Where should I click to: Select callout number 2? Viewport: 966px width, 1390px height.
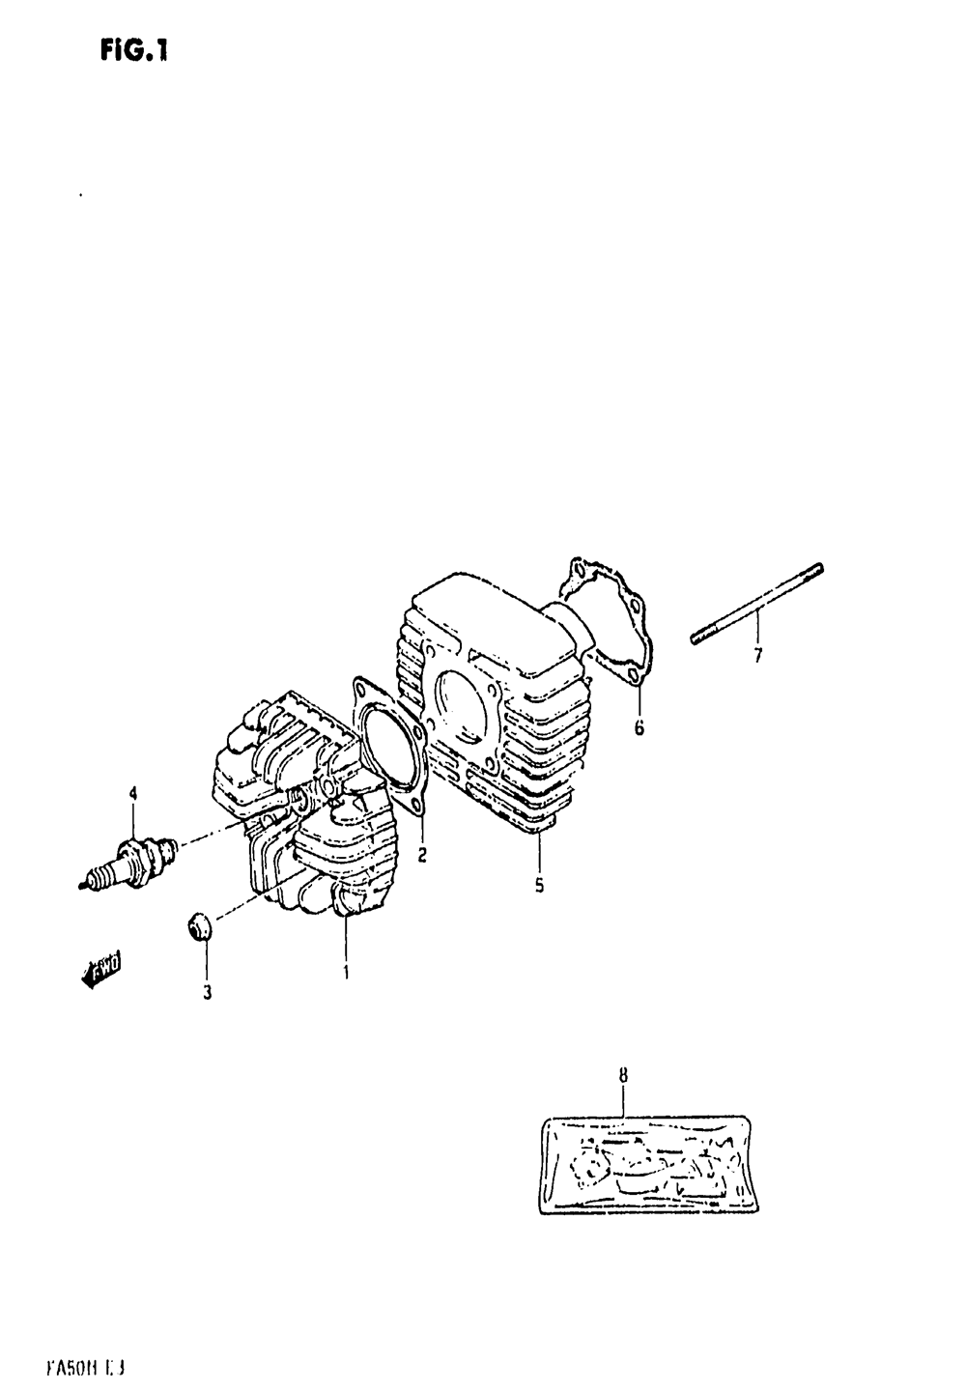tap(422, 855)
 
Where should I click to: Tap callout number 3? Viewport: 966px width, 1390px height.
tap(207, 991)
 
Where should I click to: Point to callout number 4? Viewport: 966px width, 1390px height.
tap(133, 794)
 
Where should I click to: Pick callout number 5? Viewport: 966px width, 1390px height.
tap(539, 884)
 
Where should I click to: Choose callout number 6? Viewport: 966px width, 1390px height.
tap(639, 728)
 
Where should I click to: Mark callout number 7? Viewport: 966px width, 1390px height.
tap(757, 656)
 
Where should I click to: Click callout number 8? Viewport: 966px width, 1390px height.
tap(623, 1074)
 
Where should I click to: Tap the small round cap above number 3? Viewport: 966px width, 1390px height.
tap(198, 926)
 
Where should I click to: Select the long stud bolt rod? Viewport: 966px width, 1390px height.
tap(758, 606)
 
